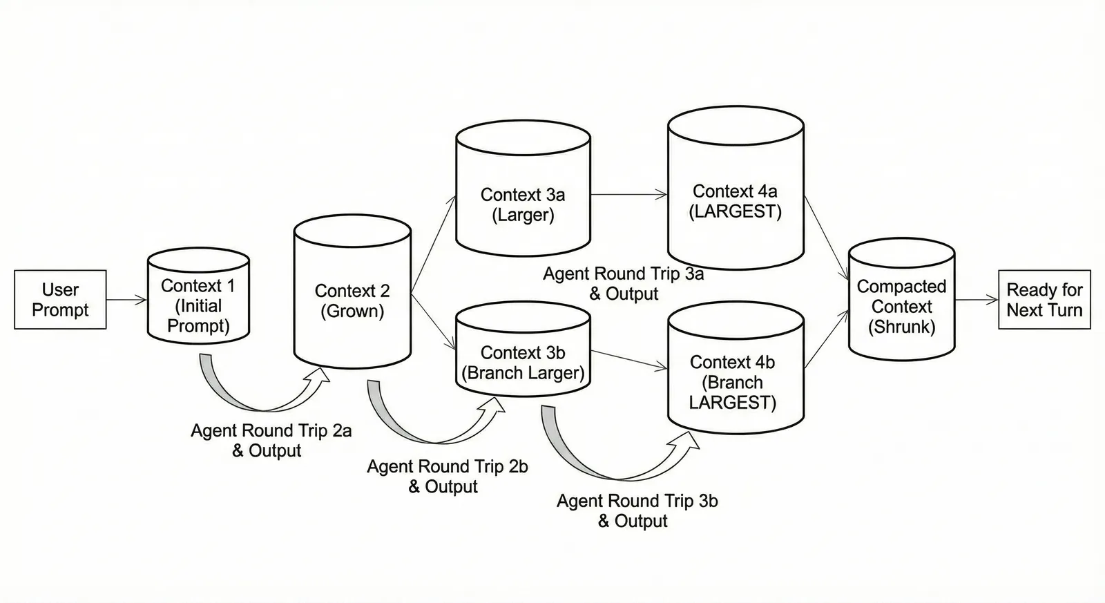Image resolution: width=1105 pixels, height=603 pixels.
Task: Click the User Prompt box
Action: pos(60,300)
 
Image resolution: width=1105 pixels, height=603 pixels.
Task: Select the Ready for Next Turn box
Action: pos(1044,300)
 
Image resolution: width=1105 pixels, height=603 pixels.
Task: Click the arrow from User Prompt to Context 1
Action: pos(127,300)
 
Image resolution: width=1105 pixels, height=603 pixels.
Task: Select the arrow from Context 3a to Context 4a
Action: pos(628,195)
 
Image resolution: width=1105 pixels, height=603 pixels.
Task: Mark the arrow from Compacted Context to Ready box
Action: pos(977,300)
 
